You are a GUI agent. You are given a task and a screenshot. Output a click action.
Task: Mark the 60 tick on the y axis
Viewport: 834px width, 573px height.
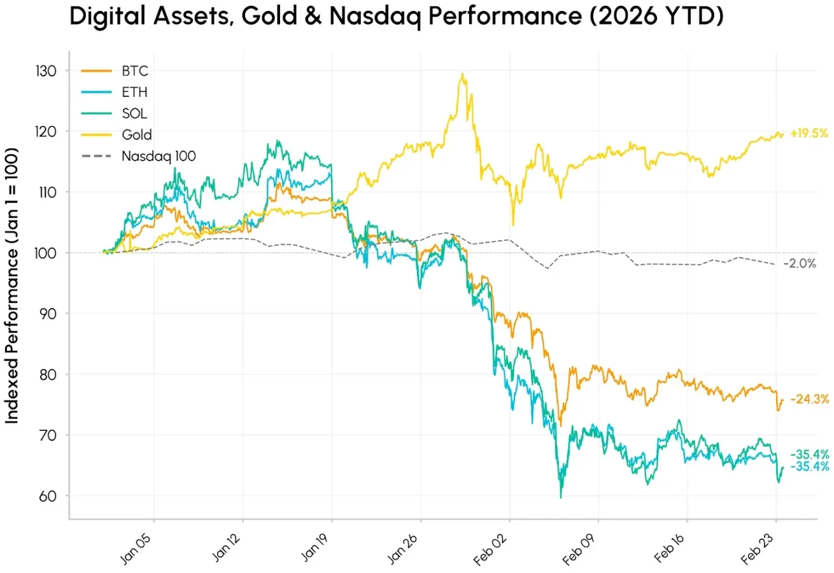click(48, 495)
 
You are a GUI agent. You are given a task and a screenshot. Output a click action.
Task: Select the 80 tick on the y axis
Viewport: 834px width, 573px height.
click(48, 374)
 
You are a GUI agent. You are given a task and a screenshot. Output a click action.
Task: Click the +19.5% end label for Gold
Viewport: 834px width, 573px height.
click(809, 134)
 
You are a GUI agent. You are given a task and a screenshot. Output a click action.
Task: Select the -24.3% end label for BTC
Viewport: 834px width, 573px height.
click(810, 400)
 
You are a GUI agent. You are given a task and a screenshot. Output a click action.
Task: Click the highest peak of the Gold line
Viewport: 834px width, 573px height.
click(462, 74)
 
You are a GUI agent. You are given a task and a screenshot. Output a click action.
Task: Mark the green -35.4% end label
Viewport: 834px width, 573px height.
click(810, 455)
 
